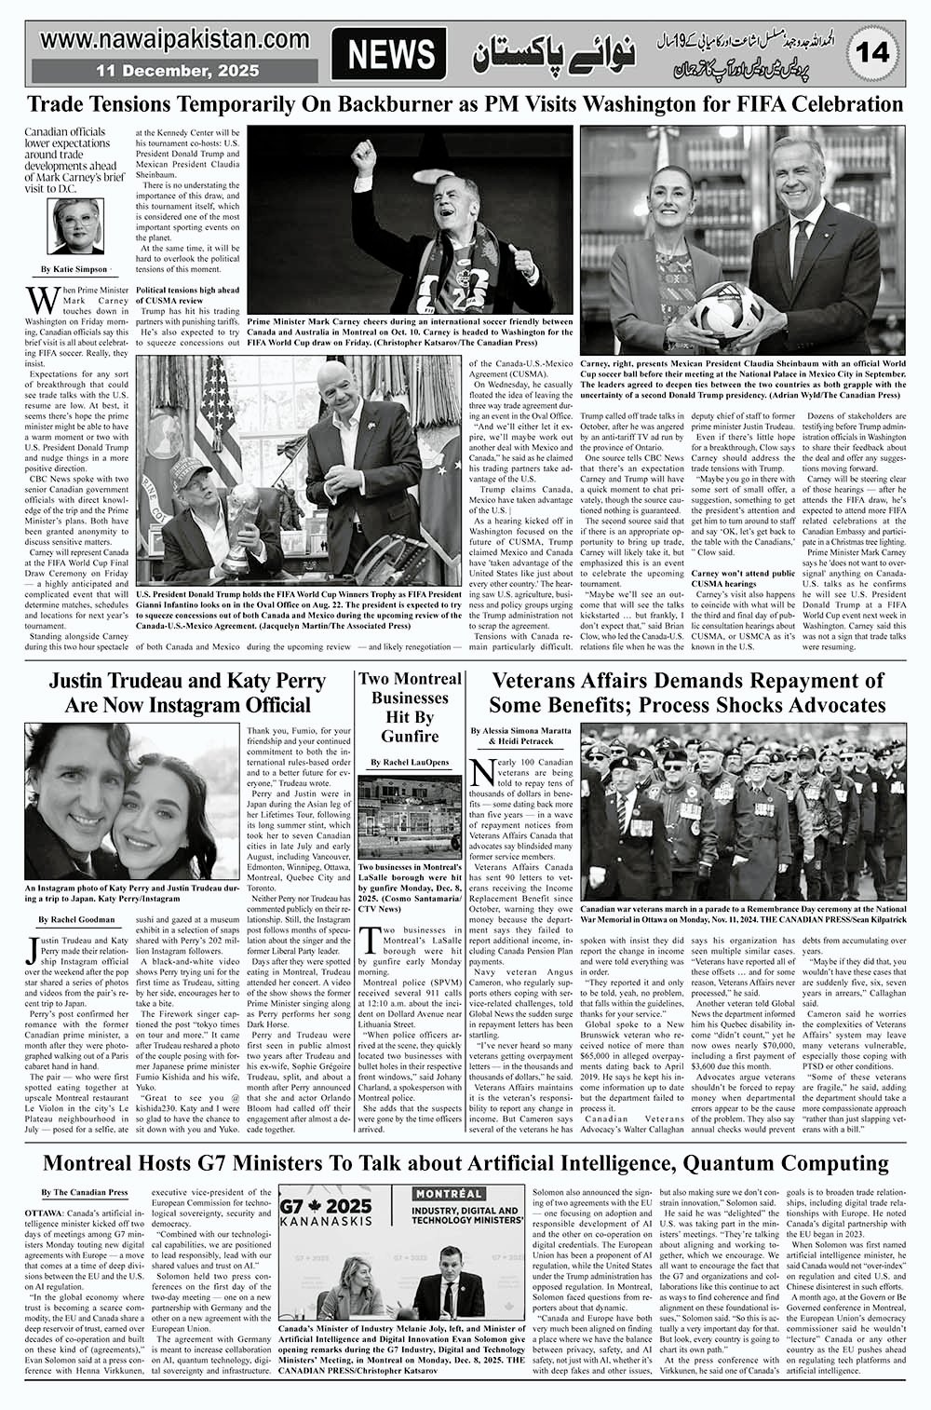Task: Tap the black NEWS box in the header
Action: (x=390, y=54)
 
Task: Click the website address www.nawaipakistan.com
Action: (x=175, y=39)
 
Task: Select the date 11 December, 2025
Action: (x=163, y=71)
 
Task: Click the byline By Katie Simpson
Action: (x=74, y=269)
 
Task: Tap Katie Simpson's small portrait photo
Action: (x=74, y=228)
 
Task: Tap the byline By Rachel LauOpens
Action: (x=409, y=763)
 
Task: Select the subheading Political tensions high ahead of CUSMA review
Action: (x=189, y=295)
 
